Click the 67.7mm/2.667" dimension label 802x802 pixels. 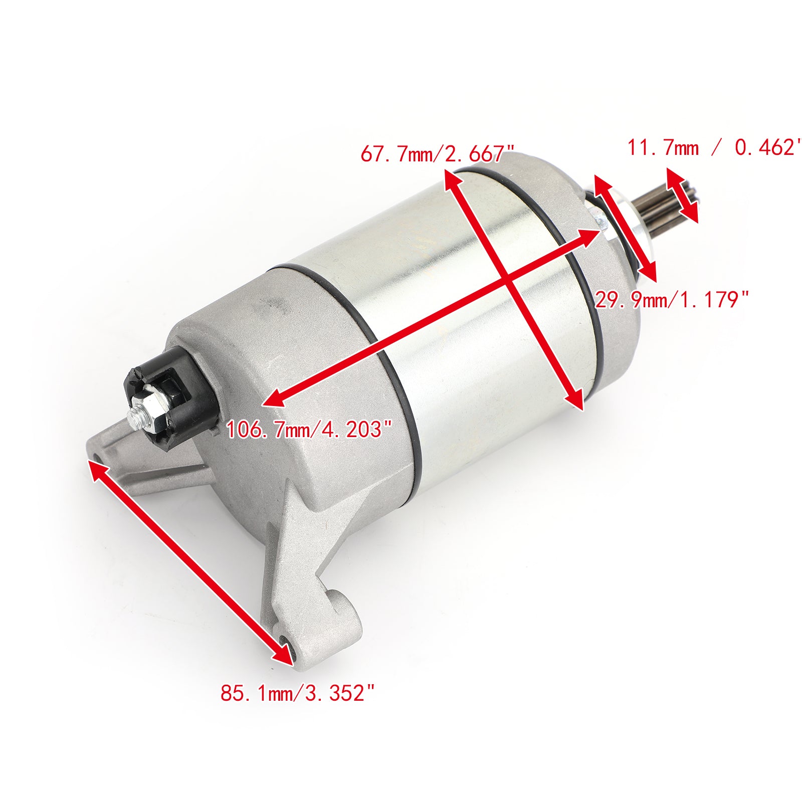coord(437,153)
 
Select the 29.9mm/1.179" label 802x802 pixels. coord(672,300)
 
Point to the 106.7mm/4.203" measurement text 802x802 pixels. coord(309,430)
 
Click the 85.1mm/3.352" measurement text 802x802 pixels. coord(298,694)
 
